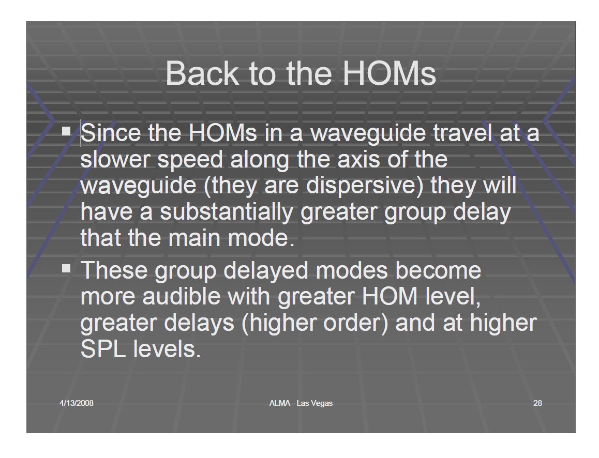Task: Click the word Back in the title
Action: pos(202,73)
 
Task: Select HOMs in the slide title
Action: pos(390,73)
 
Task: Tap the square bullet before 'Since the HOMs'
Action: pos(67,131)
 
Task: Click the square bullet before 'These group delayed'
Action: pos(67,268)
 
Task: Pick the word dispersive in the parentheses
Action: pos(362,186)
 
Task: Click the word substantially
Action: pos(226,212)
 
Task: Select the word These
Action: pos(114,270)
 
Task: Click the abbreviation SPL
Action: pos(103,349)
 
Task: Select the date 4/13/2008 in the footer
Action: pos(77,403)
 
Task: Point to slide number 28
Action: pos(537,403)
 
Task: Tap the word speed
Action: pos(190,160)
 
